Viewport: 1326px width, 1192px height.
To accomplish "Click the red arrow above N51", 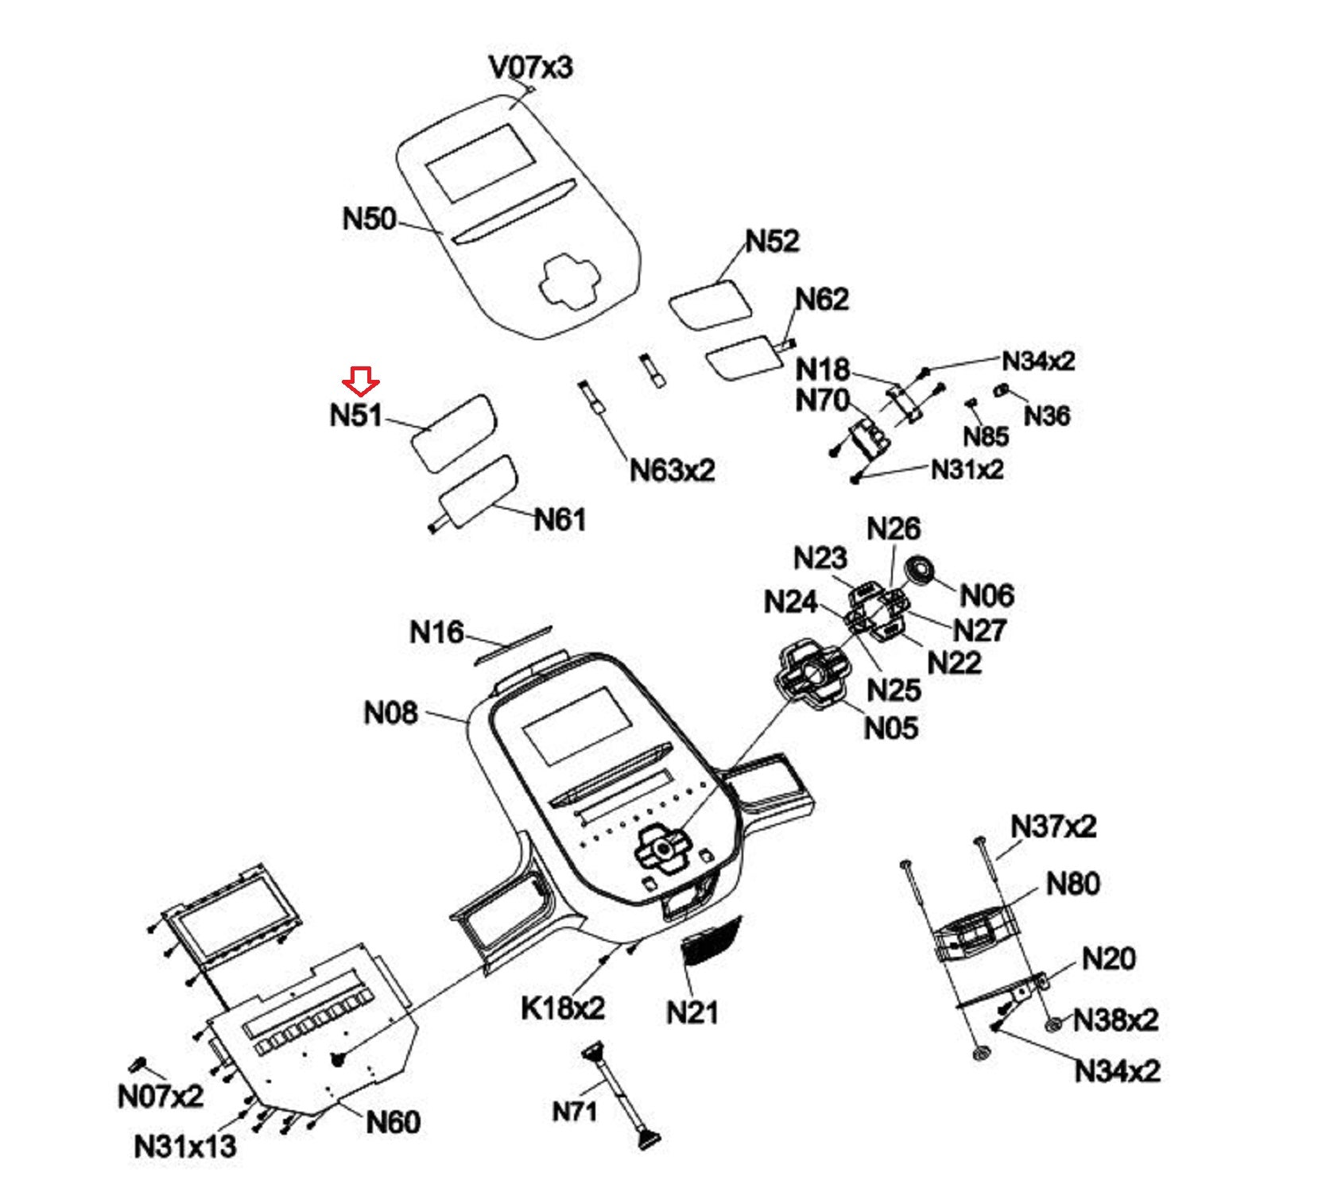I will (361, 381).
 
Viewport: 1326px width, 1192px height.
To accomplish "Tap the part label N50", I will (369, 219).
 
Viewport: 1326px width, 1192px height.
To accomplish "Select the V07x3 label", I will (530, 68).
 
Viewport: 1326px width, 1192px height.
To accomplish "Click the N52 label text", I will (772, 241).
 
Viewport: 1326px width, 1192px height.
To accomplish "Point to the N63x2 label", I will (672, 470).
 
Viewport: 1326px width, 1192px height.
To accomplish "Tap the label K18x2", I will (563, 1008).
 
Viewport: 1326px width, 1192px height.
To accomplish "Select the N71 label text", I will (574, 1111).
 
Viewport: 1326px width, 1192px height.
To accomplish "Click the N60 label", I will (393, 1122).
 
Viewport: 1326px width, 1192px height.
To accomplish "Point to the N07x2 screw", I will (140, 1064).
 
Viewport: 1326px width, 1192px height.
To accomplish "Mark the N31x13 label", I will (185, 1147).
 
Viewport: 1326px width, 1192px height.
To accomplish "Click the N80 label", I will (1072, 884).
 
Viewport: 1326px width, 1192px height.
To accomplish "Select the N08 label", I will (390, 713).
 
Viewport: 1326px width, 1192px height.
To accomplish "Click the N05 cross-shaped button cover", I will (812, 675).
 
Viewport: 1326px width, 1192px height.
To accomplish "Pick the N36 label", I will (1046, 416).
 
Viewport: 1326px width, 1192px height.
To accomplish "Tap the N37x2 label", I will (1053, 826).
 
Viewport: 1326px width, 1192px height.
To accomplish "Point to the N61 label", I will (560, 520).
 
